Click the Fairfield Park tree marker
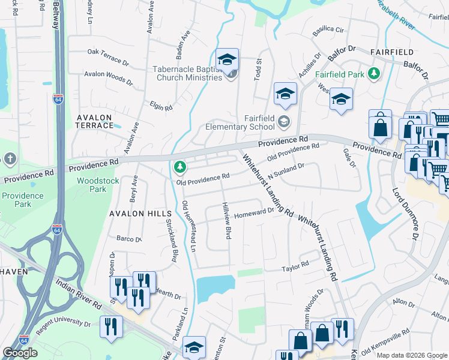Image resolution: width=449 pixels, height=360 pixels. click(x=375, y=73)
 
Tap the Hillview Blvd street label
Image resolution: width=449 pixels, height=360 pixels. click(x=227, y=229)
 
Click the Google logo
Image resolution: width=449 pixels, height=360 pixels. click(x=20, y=353)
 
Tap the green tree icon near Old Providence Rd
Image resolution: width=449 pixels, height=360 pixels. click(x=178, y=166)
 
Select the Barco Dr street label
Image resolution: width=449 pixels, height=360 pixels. click(x=128, y=239)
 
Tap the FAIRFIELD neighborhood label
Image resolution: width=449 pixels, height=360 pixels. click(x=388, y=52)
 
